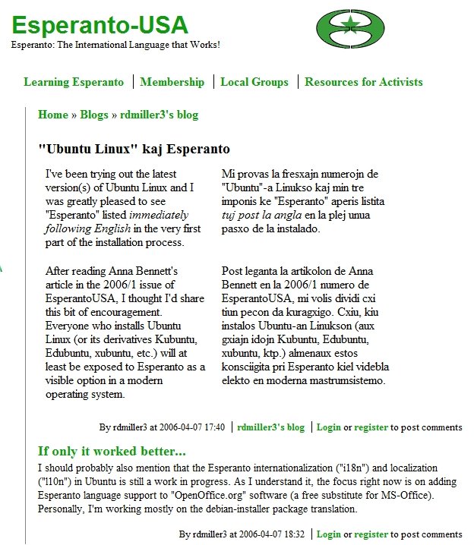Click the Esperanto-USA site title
[100, 25]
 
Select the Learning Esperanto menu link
[74, 82]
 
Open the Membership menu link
[172, 82]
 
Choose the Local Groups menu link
[254, 82]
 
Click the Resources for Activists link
[364, 82]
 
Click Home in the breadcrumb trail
[53, 115]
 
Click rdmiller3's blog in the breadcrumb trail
[159, 115]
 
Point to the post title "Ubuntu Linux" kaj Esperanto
[134, 149]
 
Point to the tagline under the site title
[115, 45]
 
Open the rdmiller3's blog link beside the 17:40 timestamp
[270, 427]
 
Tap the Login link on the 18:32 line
[328, 534]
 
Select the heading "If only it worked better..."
[112, 450]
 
